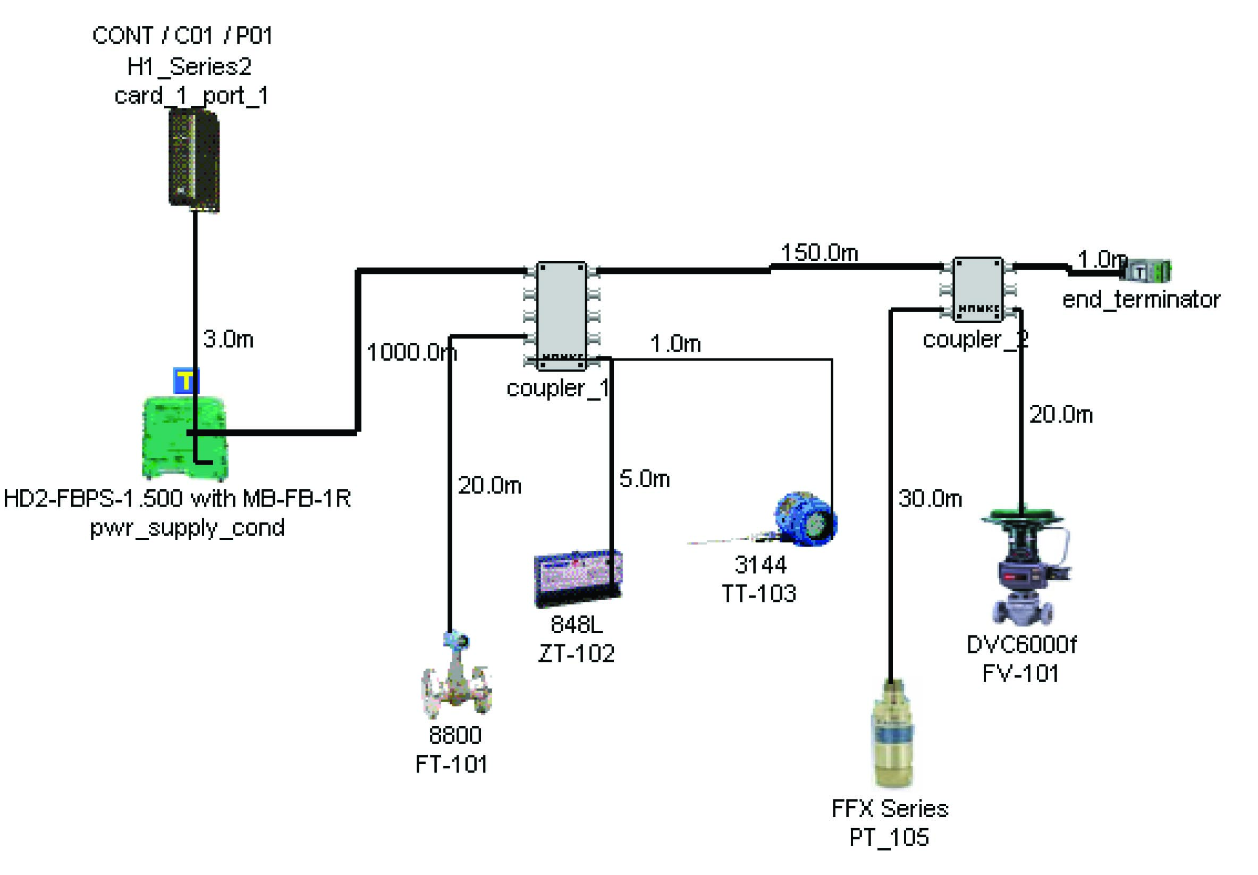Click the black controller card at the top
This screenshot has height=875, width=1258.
[x=194, y=160]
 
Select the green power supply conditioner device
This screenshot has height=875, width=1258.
[x=184, y=439]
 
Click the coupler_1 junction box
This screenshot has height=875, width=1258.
[x=562, y=316]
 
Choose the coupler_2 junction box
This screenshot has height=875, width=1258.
[x=978, y=289]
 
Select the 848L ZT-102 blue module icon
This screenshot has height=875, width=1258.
[x=578, y=578]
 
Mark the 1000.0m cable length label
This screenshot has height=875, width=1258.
[x=411, y=352]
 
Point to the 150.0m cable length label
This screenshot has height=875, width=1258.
[x=819, y=253]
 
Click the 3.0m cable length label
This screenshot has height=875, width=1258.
[x=228, y=339]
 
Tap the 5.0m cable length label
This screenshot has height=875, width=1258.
[x=644, y=479]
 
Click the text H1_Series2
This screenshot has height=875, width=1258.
[x=189, y=67]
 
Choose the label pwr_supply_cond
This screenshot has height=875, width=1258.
[x=187, y=528]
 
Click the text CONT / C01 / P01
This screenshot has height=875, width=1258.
[x=182, y=36]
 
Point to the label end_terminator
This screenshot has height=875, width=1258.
[x=1141, y=300]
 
